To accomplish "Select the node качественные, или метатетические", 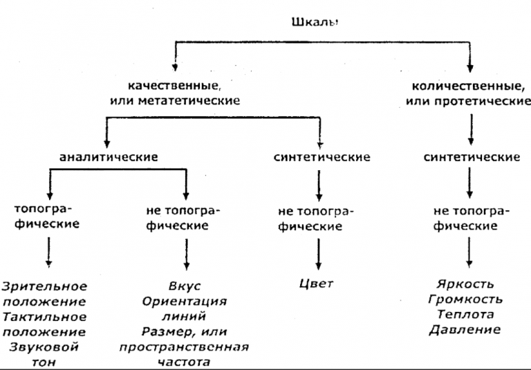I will click(174, 93).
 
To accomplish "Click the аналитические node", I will click(109, 157).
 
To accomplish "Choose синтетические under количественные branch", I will click(472, 157).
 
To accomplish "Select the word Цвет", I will click(317, 284).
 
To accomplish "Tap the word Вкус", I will click(185, 285).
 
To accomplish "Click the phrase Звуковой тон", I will click(44, 354).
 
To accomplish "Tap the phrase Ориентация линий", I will click(185, 309).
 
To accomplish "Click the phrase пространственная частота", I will click(185, 354).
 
